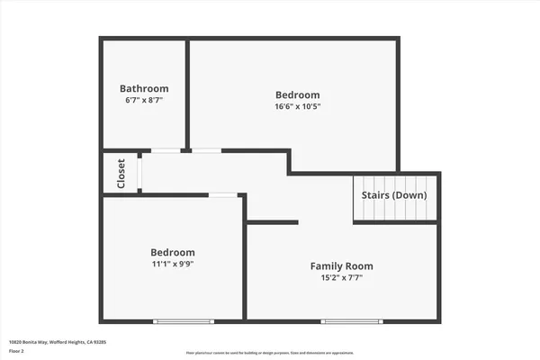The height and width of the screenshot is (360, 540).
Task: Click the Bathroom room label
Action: coord(144,88)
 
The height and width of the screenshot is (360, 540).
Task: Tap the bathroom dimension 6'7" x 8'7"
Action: coord(144,101)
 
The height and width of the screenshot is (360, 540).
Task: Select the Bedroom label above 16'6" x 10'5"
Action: coord(297,94)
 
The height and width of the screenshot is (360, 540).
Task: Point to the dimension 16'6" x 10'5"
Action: coord(297,106)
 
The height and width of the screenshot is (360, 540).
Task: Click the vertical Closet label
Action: coord(121,173)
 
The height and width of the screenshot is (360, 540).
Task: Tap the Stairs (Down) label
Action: coord(394,194)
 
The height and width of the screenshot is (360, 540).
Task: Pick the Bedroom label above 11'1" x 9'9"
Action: coord(172,252)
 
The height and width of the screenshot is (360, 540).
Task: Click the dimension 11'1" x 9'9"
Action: coord(172,265)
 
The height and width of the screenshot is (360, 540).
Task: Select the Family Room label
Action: coord(341,265)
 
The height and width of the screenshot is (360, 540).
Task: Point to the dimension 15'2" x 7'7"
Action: coord(341,278)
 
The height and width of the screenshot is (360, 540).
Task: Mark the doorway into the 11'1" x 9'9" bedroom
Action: coord(223,194)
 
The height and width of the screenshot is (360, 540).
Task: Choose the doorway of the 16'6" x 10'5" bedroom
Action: coord(206,150)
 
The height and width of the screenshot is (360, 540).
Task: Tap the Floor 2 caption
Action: coord(17,352)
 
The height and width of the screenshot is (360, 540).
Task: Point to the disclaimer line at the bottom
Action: coord(270,353)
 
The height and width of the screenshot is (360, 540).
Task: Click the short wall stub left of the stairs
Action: coord(272,221)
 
